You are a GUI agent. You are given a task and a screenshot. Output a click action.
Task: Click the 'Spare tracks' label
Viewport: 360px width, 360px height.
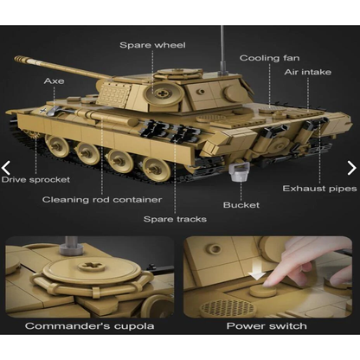coord(176,219)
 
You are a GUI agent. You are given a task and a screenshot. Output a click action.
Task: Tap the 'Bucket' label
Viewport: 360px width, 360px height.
coord(241,205)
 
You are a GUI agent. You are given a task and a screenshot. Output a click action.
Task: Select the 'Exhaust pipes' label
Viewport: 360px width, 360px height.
coord(318,188)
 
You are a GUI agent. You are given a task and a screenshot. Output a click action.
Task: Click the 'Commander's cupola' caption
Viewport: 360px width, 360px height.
coord(90,326)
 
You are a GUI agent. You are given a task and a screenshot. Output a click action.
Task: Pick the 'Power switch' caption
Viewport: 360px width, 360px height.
coord(267,326)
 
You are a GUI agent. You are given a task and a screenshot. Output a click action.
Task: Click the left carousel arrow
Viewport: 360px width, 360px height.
coord(8,168)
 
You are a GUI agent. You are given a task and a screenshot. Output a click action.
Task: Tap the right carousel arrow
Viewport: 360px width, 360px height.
coord(351,168)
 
